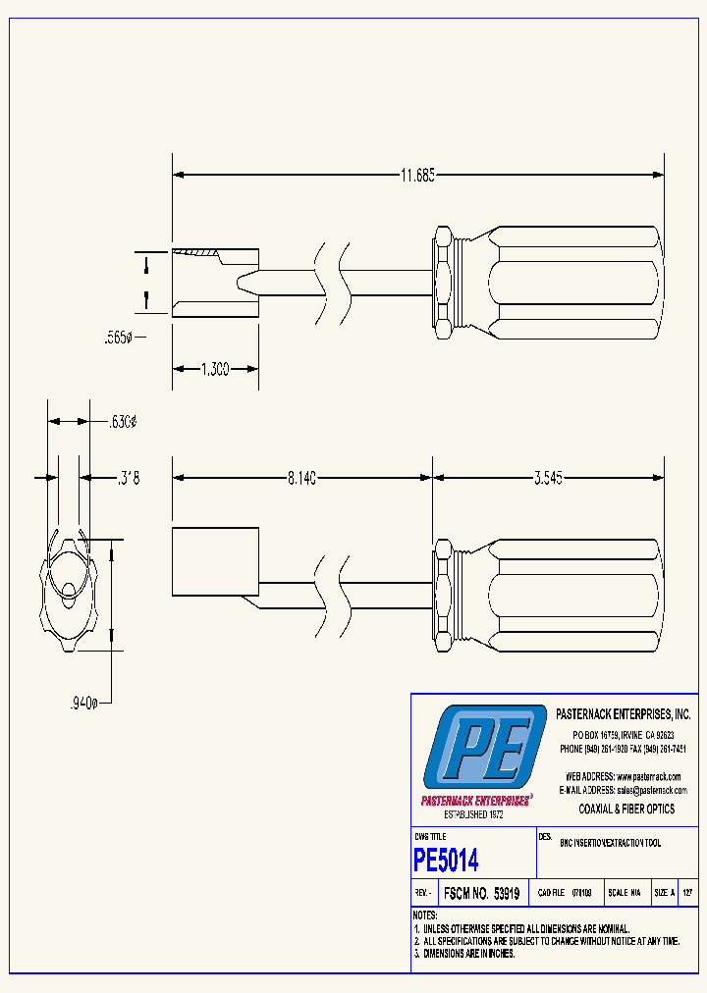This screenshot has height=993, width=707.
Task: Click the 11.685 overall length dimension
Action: (x=417, y=176)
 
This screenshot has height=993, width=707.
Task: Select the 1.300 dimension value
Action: (x=215, y=369)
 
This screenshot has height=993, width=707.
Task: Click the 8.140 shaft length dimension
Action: (x=301, y=478)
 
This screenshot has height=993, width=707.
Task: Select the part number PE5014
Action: (x=447, y=861)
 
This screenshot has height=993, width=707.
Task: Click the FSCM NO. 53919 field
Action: (x=481, y=894)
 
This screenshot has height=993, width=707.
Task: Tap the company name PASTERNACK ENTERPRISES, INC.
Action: (x=624, y=714)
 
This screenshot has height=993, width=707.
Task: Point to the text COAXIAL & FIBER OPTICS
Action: (x=626, y=809)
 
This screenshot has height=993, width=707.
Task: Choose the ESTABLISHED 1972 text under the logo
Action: (x=474, y=815)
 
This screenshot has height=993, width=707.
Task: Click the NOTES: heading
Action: (x=425, y=915)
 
